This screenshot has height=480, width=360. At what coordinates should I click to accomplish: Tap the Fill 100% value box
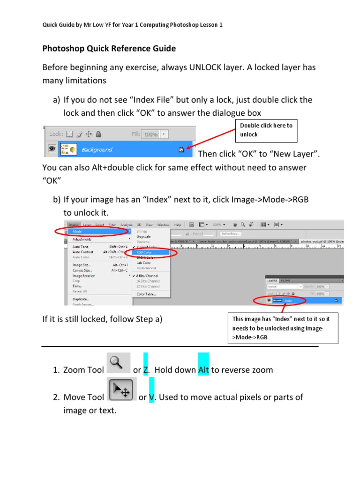click(150, 134)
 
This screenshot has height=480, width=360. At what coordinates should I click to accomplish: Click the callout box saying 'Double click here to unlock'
click(266, 130)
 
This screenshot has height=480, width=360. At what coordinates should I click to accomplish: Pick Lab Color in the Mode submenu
click(143, 262)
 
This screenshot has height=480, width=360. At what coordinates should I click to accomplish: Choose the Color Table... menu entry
click(146, 294)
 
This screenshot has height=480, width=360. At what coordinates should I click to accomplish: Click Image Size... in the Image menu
click(82, 265)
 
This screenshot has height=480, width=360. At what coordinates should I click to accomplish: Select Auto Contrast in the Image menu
click(83, 252)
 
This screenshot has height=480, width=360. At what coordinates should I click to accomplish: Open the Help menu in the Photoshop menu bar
click(178, 225)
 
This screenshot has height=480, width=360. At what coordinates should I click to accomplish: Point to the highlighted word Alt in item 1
click(203, 370)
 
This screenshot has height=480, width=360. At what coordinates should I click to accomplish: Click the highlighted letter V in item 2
click(152, 397)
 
